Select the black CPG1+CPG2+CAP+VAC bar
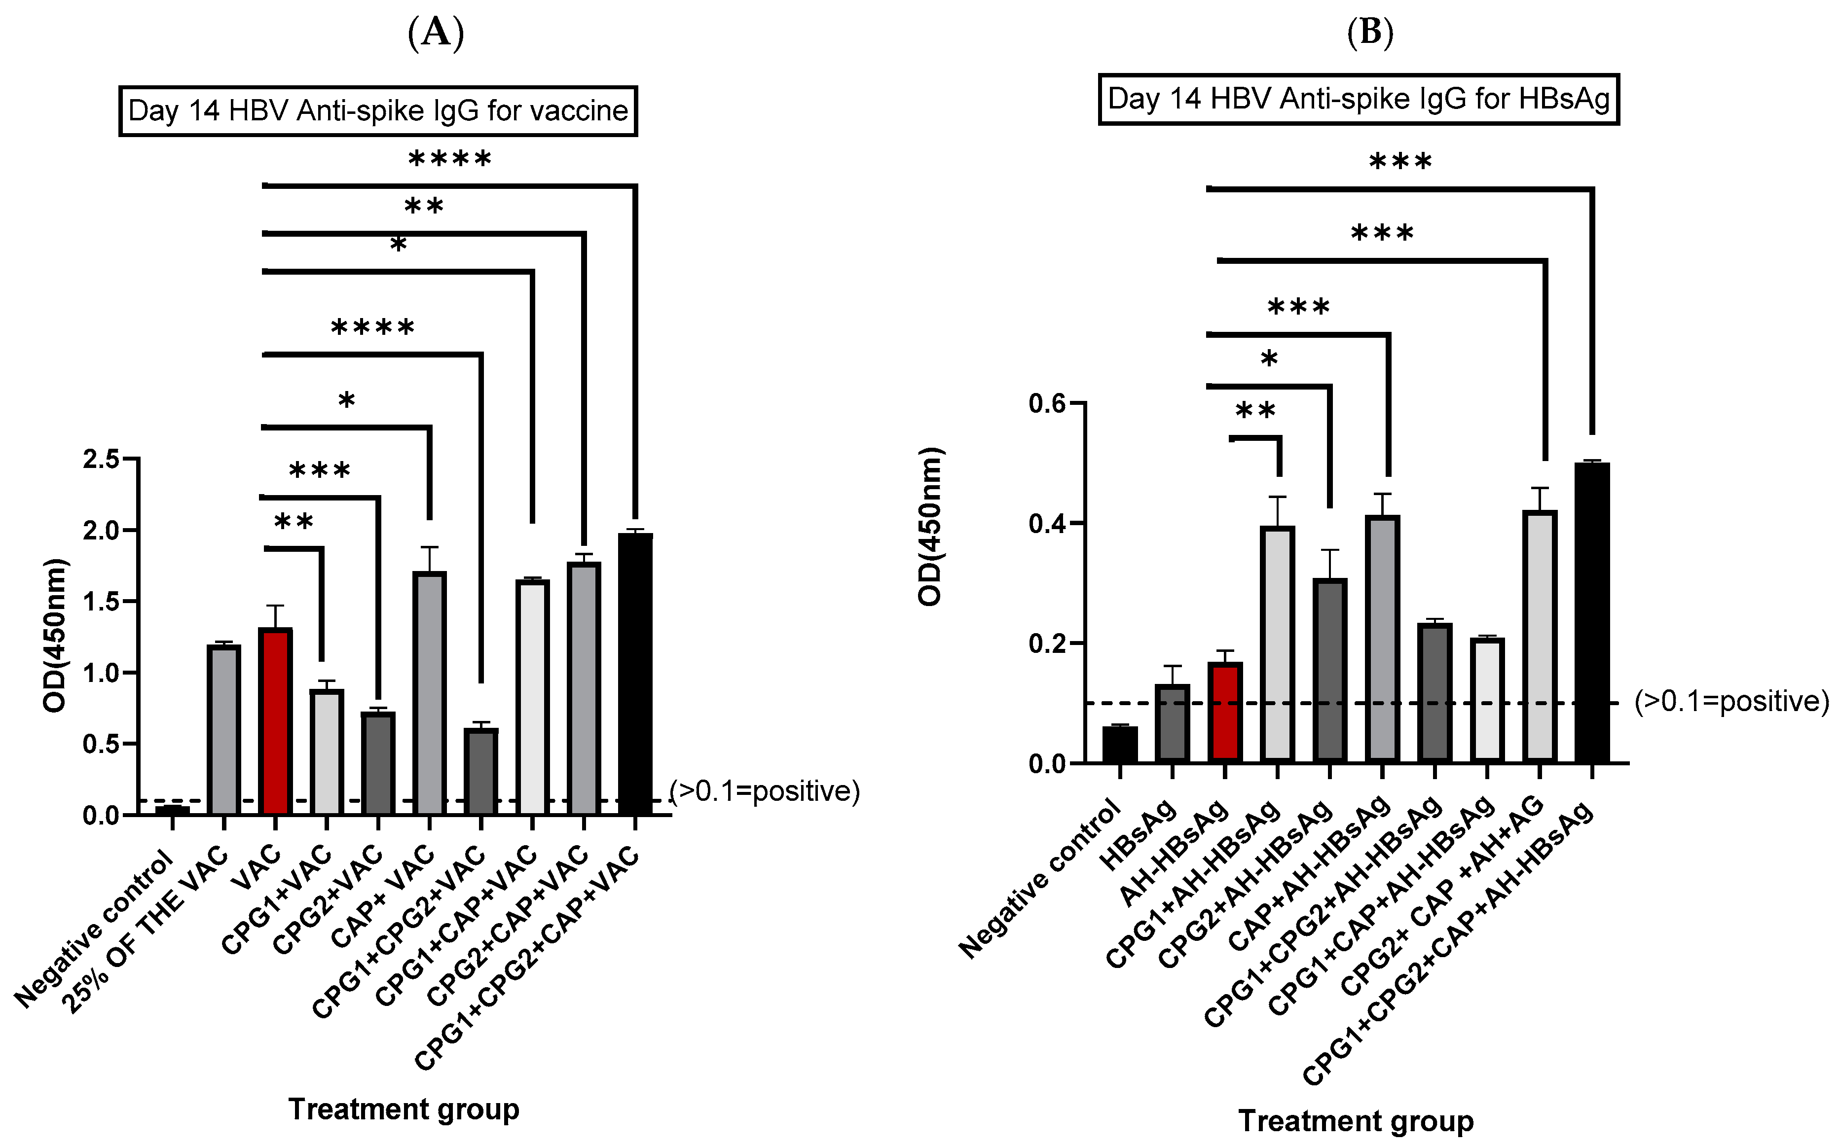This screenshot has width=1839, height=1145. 635,674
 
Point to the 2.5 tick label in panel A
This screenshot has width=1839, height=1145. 103,459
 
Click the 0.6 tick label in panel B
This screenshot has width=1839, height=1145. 1047,404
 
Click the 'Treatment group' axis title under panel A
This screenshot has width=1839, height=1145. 404,1109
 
